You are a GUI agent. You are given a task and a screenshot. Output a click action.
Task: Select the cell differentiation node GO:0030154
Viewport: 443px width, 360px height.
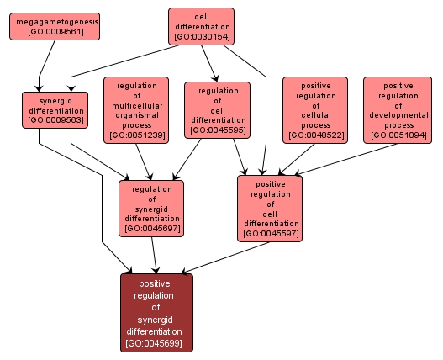click(201, 26)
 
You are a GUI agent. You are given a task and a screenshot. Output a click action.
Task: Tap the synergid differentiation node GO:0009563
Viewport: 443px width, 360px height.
click(55, 110)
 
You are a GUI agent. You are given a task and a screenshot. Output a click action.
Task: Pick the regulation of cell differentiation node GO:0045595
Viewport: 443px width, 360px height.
click(217, 109)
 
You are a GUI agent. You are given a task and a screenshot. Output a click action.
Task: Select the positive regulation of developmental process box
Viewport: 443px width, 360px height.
click(398, 109)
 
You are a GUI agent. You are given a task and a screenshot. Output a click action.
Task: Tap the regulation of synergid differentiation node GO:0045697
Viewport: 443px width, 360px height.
click(151, 206)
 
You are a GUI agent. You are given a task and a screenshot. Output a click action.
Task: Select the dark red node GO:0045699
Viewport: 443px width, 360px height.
click(156, 312)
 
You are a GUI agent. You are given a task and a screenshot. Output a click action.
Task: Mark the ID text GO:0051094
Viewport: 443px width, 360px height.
click(398, 135)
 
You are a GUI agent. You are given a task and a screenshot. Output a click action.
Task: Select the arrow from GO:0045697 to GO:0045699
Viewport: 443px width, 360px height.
click(154, 254)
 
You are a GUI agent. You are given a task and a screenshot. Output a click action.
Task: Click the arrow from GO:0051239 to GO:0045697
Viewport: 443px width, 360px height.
click(147, 160)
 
